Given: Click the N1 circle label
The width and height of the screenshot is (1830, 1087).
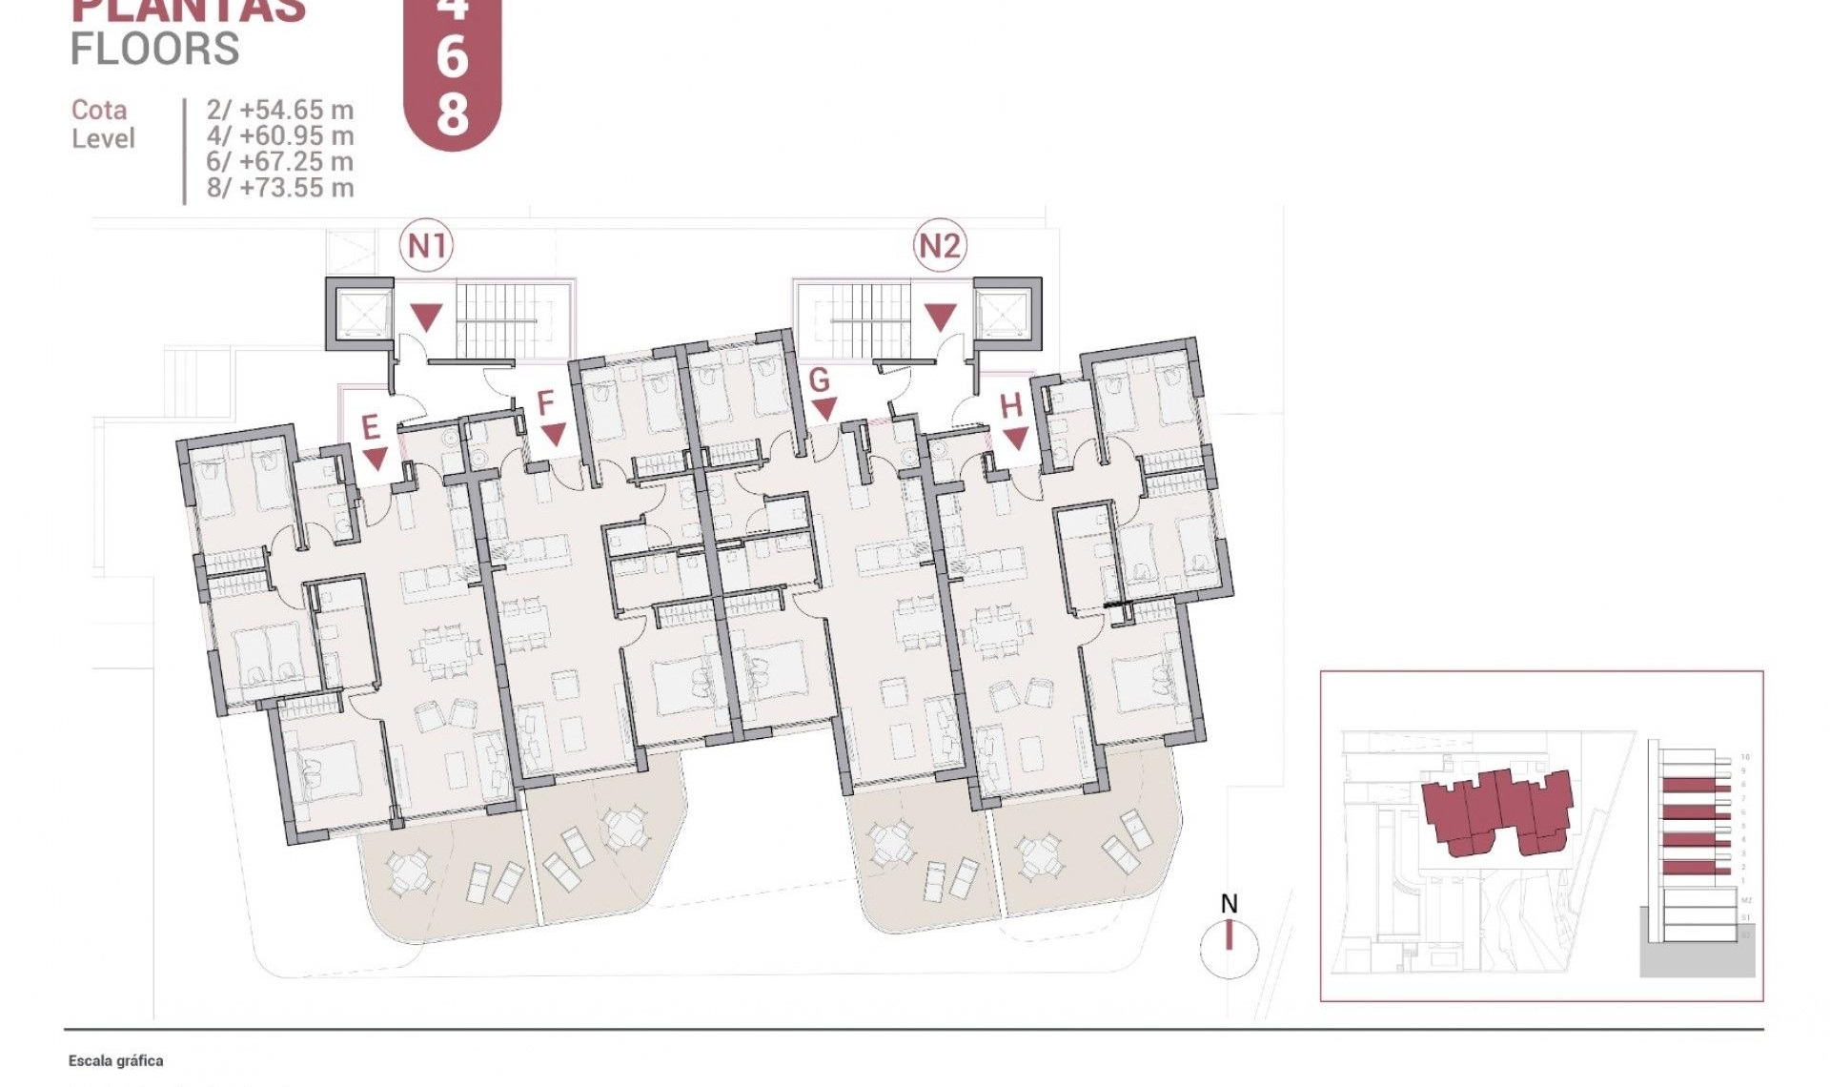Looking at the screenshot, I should [426, 246].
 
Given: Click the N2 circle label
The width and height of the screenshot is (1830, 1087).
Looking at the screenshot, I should [939, 246].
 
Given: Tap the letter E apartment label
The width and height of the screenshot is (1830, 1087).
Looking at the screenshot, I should [371, 427].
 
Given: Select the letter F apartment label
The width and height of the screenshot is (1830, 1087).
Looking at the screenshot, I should [545, 403].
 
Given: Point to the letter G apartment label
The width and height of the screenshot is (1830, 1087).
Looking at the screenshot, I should [819, 380].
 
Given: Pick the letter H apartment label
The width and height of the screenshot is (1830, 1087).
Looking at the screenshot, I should [1010, 407].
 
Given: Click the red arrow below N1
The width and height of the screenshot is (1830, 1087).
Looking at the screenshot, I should [426, 317].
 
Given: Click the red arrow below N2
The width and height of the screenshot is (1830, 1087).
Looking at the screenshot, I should [940, 317].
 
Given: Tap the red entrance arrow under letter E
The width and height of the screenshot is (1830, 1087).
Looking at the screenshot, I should [376, 459].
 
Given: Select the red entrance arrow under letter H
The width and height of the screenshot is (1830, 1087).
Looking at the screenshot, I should [1016, 439].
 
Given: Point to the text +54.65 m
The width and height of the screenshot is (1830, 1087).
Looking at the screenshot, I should [296, 110].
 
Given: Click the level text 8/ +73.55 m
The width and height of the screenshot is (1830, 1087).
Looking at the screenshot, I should [280, 188].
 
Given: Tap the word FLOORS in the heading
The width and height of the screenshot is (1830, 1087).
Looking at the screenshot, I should [154, 49].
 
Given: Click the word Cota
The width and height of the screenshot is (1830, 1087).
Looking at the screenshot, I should [99, 110].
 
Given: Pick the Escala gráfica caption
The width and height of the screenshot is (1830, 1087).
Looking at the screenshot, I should [115, 1060].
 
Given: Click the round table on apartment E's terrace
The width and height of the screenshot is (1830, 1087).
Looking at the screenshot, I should [408, 872].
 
